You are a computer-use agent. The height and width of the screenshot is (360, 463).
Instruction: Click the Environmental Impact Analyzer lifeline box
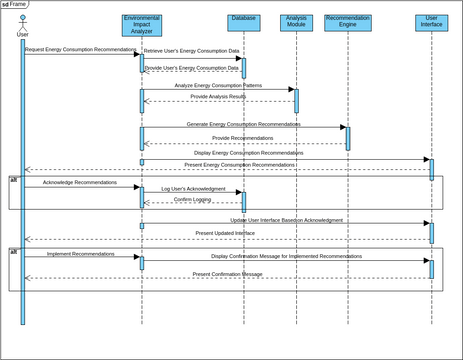pos(141,25)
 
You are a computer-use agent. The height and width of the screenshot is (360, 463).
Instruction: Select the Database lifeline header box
pos(242,22)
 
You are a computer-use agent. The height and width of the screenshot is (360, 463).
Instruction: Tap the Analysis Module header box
pos(296,22)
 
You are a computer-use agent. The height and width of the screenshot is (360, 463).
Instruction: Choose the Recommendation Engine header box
pos(347,22)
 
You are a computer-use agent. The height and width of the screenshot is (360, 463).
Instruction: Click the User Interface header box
pos(431,22)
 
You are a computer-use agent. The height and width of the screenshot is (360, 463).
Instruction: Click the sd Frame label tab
pos(14,4)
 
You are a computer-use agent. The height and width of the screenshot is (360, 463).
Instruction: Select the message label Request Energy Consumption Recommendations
pos(80,49)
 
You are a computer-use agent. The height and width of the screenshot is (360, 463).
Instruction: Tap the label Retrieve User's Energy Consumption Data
pos(192,49)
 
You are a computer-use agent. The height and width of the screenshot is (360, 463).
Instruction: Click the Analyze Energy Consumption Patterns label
pos(218,85)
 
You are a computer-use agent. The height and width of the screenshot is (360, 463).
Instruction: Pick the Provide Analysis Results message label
pos(218,97)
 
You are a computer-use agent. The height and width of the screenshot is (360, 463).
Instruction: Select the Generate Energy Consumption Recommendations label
pos(243,124)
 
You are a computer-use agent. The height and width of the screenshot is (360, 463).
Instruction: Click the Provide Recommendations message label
pos(243,138)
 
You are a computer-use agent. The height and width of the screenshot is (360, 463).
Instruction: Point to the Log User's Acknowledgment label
pos(193,188)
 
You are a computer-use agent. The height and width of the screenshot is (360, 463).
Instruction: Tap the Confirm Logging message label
pos(192,199)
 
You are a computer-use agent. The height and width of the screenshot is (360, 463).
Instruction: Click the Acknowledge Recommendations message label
pos(79,183)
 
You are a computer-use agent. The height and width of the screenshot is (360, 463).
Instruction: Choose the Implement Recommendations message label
pos(80,254)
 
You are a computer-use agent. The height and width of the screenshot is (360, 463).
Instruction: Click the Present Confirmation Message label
pos(227,273)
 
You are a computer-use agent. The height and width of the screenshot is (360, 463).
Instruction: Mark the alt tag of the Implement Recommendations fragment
pos(14,251)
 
